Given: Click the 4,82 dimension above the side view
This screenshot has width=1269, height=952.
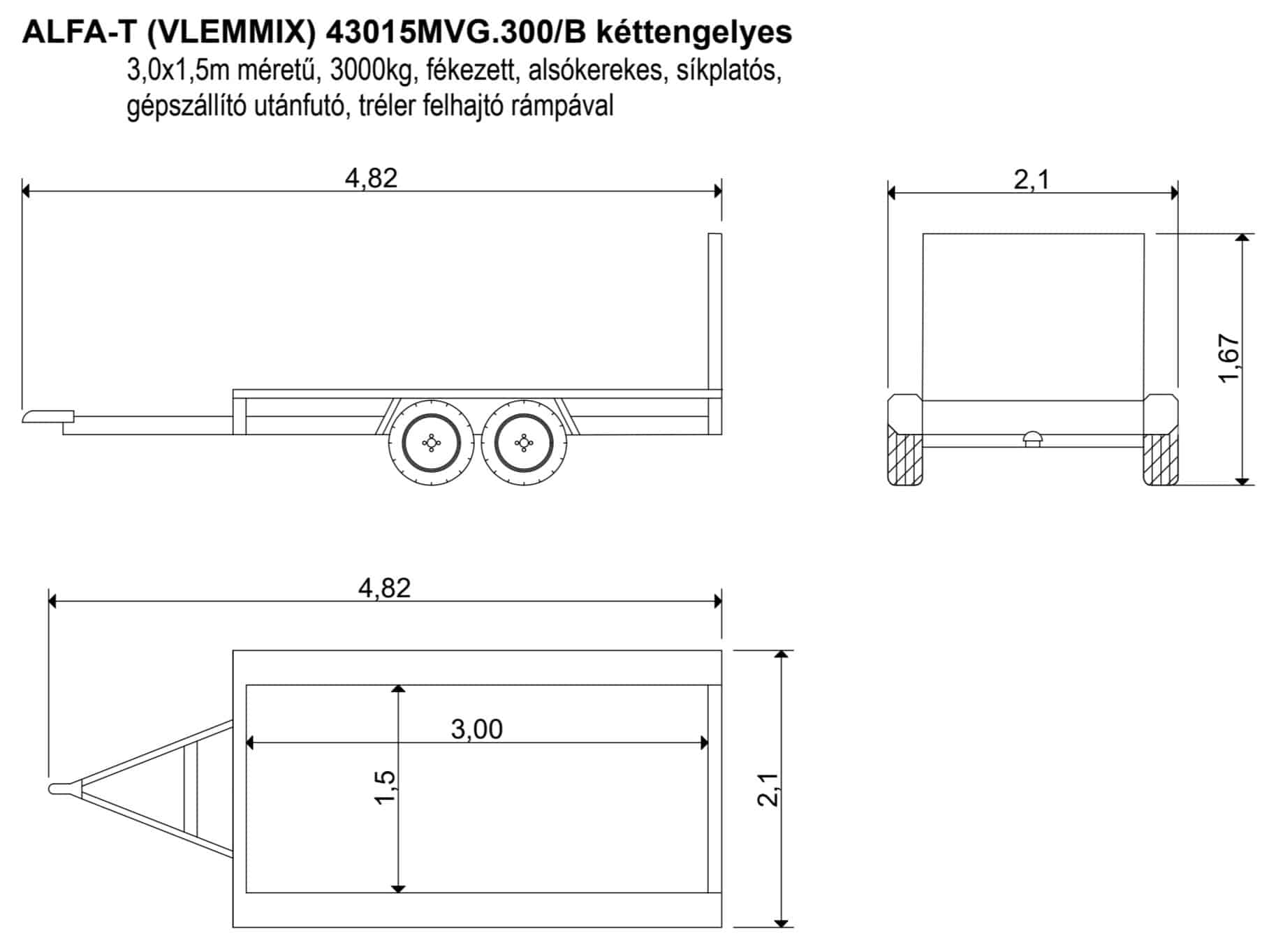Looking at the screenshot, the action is pyautogui.click(x=371, y=178).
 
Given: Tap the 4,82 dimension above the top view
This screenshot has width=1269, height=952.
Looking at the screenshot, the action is pyautogui.click(x=384, y=588).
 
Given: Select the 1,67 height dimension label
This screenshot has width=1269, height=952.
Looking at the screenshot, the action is pyautogui.click(x=1228, y=358).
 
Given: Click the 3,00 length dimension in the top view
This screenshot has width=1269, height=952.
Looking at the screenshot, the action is pyautogui.click(x=477, y=729).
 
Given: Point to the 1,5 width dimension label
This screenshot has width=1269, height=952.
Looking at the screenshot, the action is pyautogui.click(x=386, y=788).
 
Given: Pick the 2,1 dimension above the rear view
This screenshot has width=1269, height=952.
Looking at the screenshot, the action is pyautogui.click(x=1032, y=180).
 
